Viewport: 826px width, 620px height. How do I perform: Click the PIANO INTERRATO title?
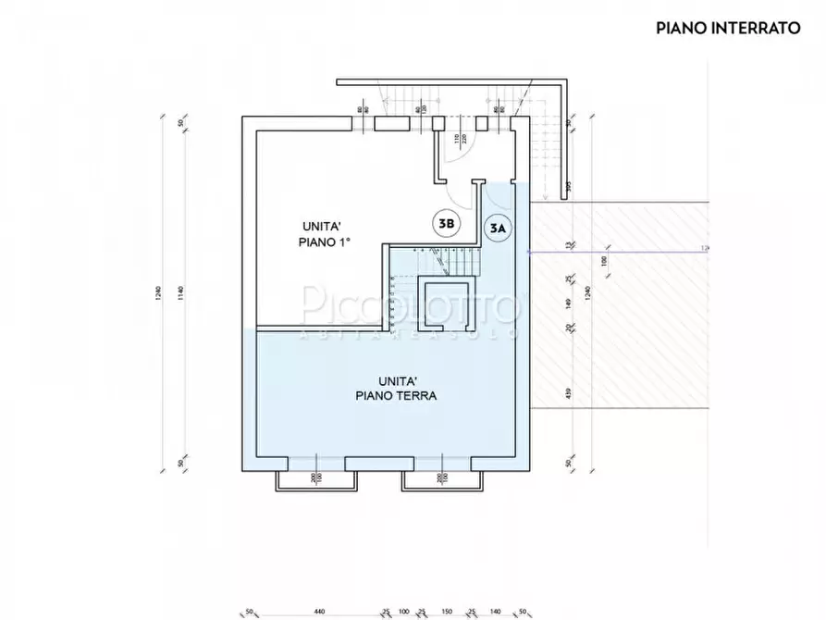pyautogui.click(x=728, y=28)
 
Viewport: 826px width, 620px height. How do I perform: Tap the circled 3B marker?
pyautogui.click(x=446, y=223)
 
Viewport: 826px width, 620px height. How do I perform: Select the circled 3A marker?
pyautogui.click(x=498, y=228)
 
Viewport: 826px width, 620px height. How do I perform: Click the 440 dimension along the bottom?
pyautogui.click(x=319, y=613)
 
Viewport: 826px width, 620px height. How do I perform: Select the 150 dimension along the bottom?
pyautogui.click(x=446, y=613)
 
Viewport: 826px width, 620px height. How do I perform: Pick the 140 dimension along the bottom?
pyautogui.click(x=495, y=613)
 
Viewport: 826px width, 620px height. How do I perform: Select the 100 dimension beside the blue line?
pyautogui.click(x=604, y=262)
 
